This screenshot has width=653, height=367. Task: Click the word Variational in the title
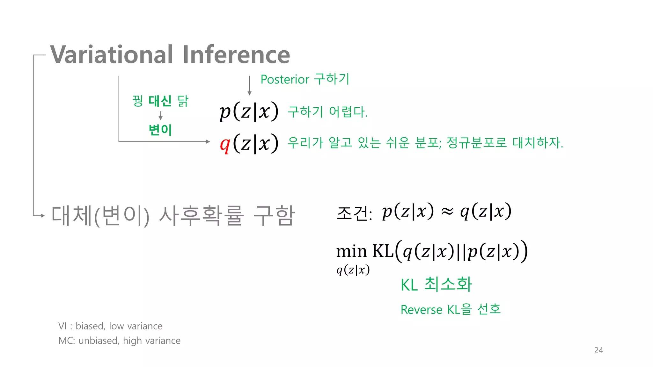[112, 55]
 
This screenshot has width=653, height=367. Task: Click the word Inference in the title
[236, 55]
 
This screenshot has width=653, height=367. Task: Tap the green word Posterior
[285, 79]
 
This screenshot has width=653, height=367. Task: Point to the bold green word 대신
[160, 101]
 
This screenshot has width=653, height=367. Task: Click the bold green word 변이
[160, 130]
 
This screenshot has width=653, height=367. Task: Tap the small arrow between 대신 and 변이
[160, 115]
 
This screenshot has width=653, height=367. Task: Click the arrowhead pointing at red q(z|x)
[208, 141]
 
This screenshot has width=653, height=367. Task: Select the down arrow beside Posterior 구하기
[249, 85]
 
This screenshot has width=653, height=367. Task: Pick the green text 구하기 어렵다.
[327, 112]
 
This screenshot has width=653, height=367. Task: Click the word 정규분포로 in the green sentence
[477, 142]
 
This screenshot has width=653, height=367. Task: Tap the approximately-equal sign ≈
[447, 212]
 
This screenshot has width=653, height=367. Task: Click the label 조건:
[354, 213]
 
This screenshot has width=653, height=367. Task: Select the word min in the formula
[351, 251]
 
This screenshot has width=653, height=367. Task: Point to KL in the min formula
[383, 251]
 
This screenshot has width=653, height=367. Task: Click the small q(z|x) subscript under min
[353, 270]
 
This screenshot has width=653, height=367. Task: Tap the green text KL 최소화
[436, 284]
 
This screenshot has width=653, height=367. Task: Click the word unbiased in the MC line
[99, 341]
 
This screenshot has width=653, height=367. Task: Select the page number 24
[598, 350]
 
